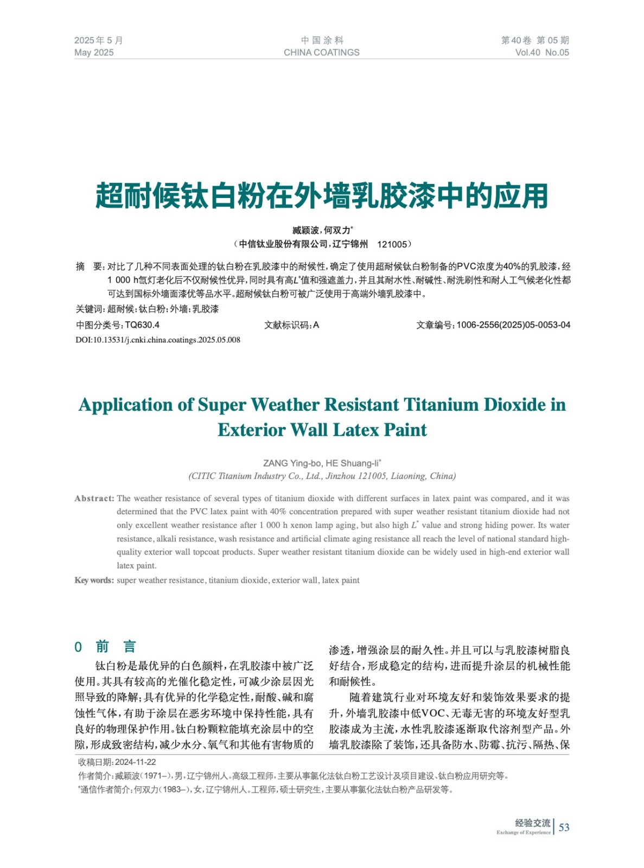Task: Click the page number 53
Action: [x=564, y=827]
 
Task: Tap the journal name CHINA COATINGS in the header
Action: [x=321, y=53]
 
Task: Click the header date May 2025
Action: [x=94, y=53]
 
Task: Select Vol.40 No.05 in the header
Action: [x=541, y=53]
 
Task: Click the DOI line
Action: [x=158, y=340]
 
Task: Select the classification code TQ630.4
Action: [x=142, y=325]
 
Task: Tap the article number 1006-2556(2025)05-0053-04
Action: [x=513, y=325]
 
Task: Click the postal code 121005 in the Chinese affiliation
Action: [x=392, y=244]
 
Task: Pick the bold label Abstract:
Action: [x=94, y=498]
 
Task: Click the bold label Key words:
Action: [x=94, y=580]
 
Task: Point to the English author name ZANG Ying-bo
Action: [x=292, y=463]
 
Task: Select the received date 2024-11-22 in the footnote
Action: [x=135, y=762]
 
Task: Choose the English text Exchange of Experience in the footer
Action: [x=523, y=832]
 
